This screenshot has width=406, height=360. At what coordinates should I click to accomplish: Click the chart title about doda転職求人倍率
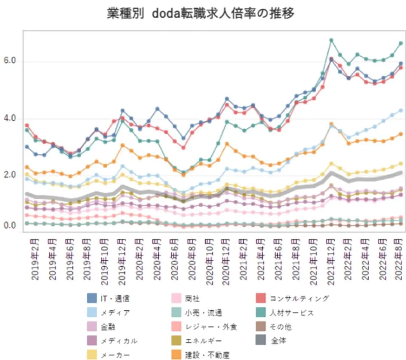(200, 14)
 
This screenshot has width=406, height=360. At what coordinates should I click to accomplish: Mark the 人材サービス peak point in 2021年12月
(331, 40)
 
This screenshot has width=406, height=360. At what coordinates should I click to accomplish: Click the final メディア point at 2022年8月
(401, 110)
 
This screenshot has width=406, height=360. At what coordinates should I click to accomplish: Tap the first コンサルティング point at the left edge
(27, 125)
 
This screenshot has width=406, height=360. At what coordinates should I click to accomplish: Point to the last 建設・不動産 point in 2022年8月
(401, 134)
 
